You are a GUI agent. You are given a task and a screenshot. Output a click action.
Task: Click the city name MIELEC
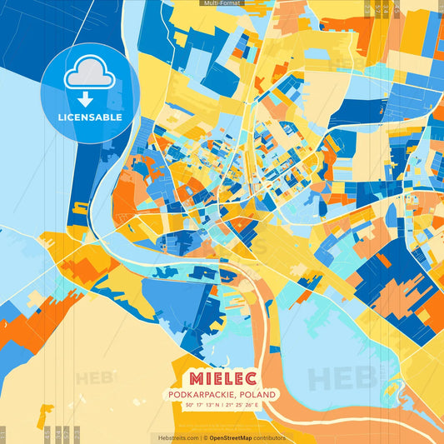[x=222, y=375]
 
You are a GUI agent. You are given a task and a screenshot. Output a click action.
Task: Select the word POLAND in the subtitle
[x=258, y=393]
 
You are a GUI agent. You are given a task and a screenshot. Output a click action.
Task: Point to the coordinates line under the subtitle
[x=222, y=406]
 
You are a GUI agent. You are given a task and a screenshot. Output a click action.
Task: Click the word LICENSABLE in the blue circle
[x=90, y=117]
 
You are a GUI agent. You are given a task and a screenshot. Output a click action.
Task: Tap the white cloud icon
[x=89, y=76]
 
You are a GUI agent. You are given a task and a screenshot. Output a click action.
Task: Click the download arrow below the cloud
[x=89, y=98]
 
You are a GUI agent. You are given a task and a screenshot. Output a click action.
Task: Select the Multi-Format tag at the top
[x=222, y=3]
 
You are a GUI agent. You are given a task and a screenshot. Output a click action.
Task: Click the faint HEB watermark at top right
[x=343, y=62]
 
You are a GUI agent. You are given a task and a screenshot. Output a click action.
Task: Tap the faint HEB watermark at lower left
[x=93, y=378]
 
